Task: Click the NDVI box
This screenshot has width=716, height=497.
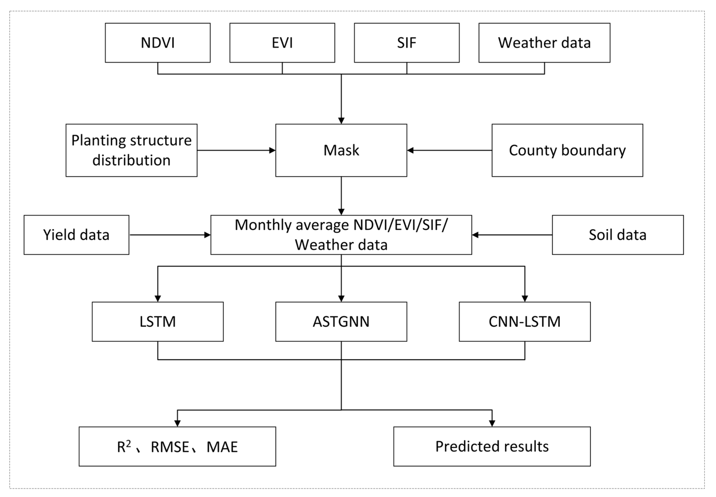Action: click(158, 43)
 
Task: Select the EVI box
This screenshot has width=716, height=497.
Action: click(282, 43)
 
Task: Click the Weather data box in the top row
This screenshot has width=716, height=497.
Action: click(544, 43)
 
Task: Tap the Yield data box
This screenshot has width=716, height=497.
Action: click(76, 235)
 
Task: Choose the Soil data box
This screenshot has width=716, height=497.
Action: click(617, 235)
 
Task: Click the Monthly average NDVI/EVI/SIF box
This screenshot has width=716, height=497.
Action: click(341, 235)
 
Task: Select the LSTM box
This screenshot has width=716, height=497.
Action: click(158, 321)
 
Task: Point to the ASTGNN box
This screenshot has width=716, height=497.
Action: click(341, 321)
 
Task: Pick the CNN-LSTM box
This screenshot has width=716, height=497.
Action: click(524, 321)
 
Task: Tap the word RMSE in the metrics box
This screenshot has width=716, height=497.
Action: click(170, 447)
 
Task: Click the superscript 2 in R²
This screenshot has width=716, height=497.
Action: click(128, 443)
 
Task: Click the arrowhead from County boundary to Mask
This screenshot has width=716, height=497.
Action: click(410, 150)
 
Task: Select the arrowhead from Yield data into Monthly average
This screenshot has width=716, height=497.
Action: click(207, 235)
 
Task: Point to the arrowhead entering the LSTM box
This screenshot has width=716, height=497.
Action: click(158, 298)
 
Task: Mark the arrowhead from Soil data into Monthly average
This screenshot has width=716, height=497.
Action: click(475, 235)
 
